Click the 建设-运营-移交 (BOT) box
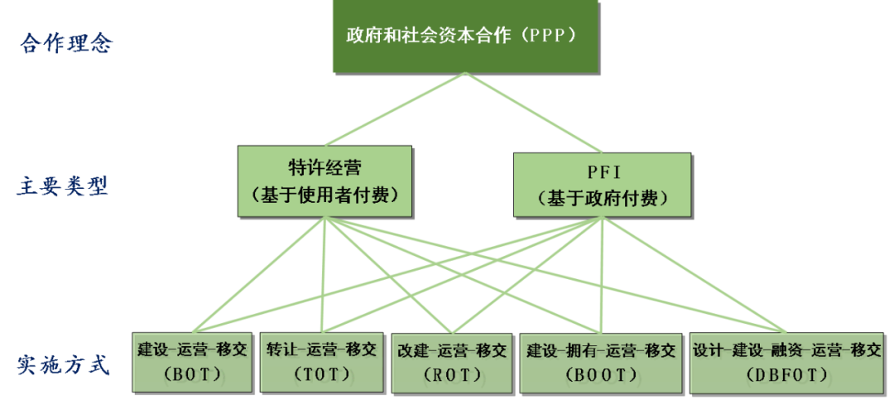(193, 361)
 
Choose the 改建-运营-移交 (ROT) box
(452, 362)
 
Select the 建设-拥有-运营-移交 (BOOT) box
(602, 361)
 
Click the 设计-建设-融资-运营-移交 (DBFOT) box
(786, 361)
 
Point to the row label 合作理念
(66, 43)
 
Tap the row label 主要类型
(63, 186)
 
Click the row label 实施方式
(64, 364)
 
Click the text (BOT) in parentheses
(192, 374)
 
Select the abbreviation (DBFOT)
(786, 374)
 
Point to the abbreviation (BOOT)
(602, 374)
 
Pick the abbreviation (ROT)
(452, 375)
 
